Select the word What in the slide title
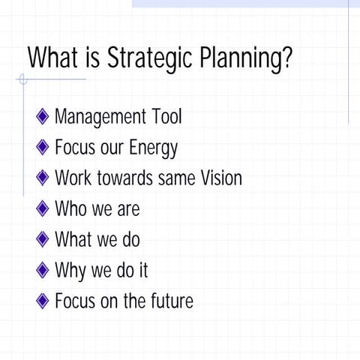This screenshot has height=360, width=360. (53, 58)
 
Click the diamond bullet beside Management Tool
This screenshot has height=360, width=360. (43, 117)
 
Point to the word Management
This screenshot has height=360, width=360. (101, 117)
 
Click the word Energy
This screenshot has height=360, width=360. (153, 148)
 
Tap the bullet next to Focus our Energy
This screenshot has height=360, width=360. (43, 148)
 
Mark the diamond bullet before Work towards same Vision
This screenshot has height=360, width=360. (43, 178)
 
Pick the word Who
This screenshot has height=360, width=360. (71, 209)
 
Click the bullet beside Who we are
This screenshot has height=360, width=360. (43, 209)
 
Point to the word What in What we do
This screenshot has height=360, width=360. (73, 240)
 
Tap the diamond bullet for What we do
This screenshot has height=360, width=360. (43, 240)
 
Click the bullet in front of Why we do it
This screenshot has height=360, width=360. (43, 271)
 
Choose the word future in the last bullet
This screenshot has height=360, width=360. (171, 301)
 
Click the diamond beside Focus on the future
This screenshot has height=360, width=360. (43, 301)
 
